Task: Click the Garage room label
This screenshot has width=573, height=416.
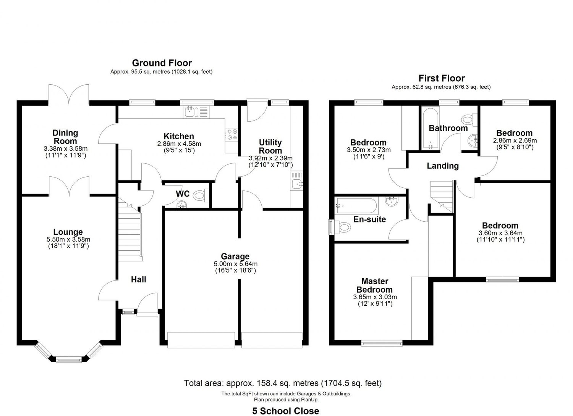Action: pos(235,256)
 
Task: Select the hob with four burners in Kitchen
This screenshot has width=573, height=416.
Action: pos(231,135)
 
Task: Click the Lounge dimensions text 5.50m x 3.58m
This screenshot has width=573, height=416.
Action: pos(68,239)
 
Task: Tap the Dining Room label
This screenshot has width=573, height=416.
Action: pos(65,137)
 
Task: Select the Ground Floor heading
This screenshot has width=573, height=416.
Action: pos(162,63)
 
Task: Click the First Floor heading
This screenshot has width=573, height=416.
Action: pos(441,78)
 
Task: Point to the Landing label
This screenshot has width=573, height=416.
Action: pos(442,166)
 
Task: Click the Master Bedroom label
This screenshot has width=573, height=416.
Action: pos(375,285)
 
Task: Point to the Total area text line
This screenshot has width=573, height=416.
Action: pos(283,383)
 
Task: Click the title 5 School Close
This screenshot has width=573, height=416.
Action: pos(285,411)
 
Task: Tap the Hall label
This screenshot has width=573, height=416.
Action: pos(138,279)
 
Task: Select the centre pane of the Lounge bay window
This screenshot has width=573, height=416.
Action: pos(69,359)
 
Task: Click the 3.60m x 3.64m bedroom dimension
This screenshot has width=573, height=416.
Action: pos(500,233)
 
